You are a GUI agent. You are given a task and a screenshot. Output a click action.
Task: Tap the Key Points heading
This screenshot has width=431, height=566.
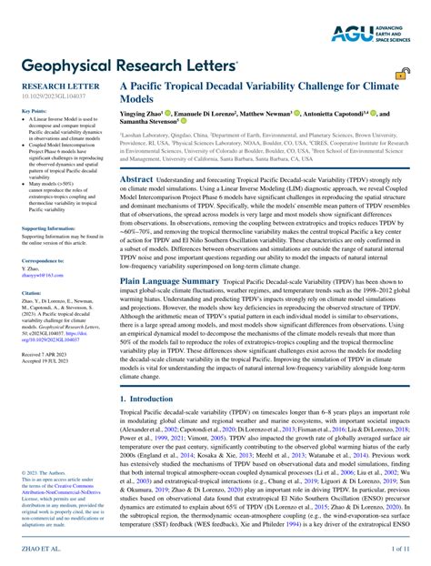34,111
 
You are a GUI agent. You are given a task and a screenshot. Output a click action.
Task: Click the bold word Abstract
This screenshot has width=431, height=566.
137,179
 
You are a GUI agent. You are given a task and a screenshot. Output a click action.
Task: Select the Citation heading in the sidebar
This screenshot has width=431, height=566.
30,293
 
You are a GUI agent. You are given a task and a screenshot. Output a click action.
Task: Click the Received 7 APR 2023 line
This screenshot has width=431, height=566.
45,351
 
